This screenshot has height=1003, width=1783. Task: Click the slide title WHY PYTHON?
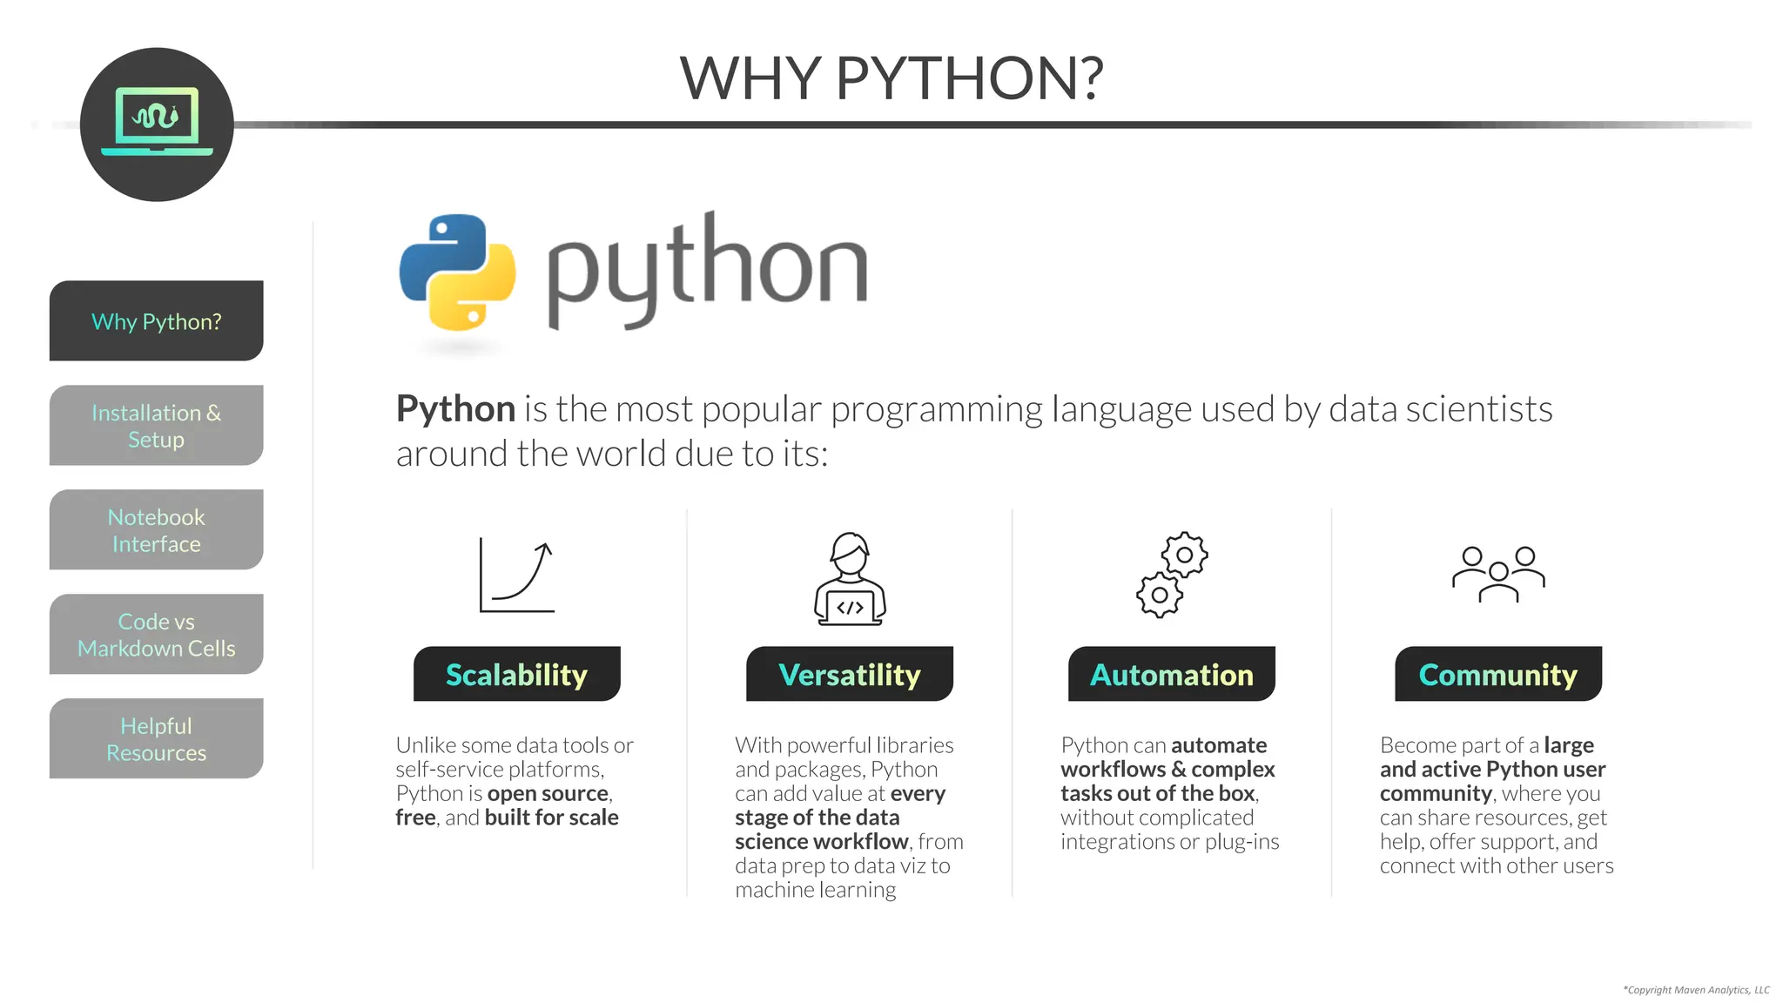coord(891,78)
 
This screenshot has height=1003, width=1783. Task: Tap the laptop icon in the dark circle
coord(157,122)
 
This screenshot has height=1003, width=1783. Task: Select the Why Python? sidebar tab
coord(157,321)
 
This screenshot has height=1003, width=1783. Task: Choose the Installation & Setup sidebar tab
coord(157,426)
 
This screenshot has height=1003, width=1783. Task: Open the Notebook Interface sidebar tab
coord(157,530)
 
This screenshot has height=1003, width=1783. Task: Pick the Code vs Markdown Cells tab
coord(157,635)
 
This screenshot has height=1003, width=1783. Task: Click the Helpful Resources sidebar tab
coord(157,739)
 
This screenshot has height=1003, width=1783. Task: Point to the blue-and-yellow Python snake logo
coord(458,273)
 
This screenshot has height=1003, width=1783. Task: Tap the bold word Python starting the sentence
coord(455,409)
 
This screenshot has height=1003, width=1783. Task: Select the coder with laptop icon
coord(850,579)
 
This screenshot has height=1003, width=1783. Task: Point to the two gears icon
coord(1172,576)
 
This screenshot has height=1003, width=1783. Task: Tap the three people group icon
coord(1498,574)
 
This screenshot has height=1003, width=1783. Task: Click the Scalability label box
coord(517,675)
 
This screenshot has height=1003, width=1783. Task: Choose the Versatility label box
coord(850,675)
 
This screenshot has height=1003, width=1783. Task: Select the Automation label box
coord(1172,675)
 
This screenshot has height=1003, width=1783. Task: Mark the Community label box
coord(1498,675)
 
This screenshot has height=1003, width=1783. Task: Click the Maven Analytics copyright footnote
coord(1696,990)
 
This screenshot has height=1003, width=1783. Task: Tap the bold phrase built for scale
coord(552,818)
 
